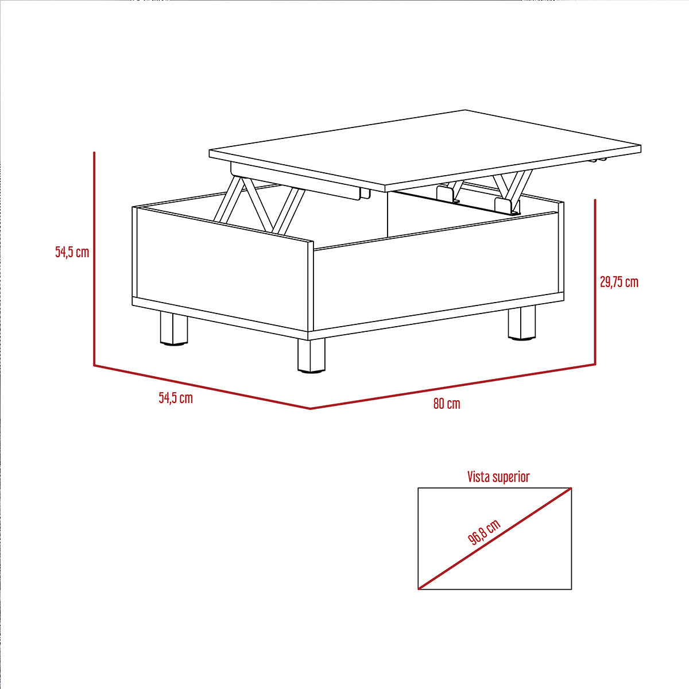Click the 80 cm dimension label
click(447, 404)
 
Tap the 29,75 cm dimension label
click(619, 282)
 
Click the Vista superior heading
click(498, 477)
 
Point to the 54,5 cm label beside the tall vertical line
click(72, 252)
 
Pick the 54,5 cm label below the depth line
click(176, 398)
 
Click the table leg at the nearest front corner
click(311, 356)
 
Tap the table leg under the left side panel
click(174, 328)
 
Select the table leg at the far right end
click(522, 322)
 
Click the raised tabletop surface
click(425, 149)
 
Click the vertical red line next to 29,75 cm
click(595, 282)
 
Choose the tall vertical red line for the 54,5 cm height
click(94, 259)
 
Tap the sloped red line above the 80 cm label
click(452, 386)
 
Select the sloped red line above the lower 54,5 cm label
click(202, 387)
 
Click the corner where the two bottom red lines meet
click(310, 408)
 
